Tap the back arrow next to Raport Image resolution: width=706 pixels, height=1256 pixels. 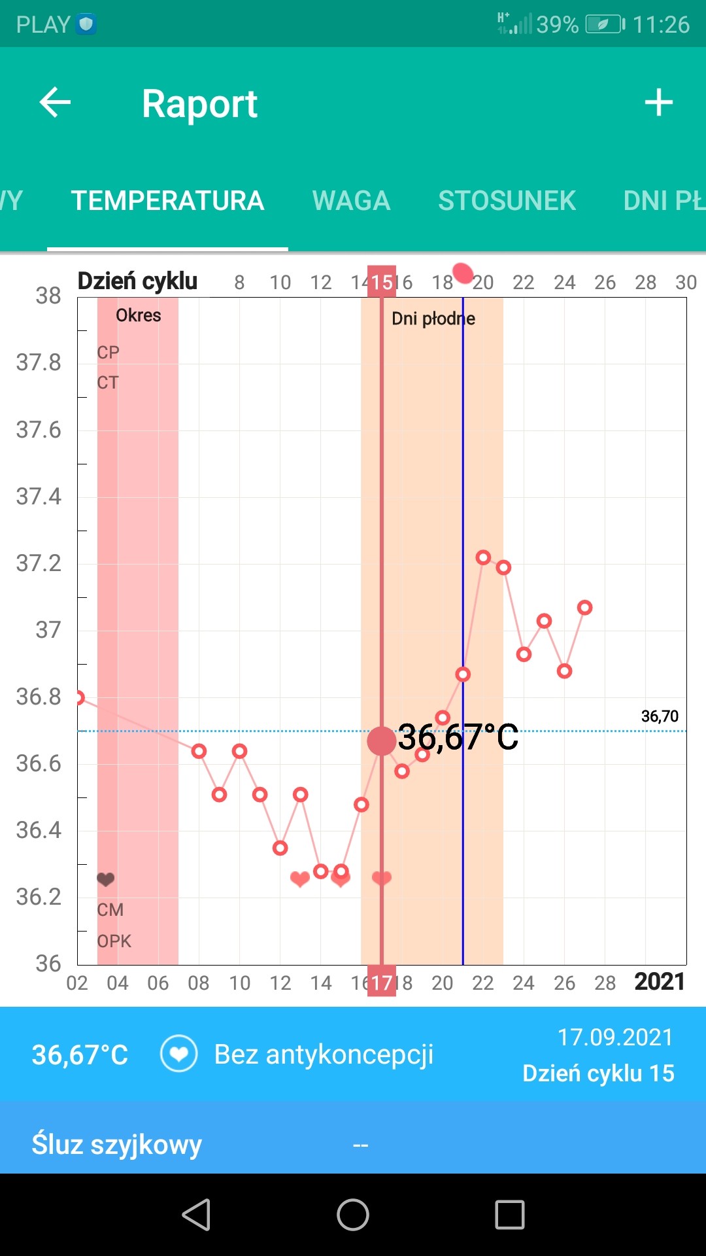(x=55, y=103)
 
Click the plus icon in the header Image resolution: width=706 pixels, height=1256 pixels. (x=658, y=103)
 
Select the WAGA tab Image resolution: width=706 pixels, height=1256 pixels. (x=351, y=201)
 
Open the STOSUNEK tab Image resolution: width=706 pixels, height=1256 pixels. (x=507, y=201)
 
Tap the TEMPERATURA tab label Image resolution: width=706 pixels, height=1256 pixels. (x=167, y=201)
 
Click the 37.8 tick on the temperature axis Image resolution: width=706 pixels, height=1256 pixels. (x=39, y=362)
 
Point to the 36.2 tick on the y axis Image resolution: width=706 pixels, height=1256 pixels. (x=39, y=897)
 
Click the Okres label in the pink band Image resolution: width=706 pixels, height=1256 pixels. (x=139, y=315)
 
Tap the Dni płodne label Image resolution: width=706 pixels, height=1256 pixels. (x=433, y=319)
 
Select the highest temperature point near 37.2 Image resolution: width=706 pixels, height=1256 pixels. (x=483, y=557)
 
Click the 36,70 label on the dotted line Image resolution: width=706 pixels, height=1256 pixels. (x=660, y=716)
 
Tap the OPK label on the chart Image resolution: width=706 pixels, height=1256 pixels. (x=114, y=941)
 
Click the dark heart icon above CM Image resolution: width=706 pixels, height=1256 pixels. (x=106, y=879)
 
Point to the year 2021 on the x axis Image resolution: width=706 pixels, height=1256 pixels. (x=659, y=982)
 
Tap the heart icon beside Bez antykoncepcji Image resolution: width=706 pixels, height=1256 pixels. (x=179, y=1054)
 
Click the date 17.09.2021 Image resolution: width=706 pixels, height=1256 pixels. (x=615, y=1038)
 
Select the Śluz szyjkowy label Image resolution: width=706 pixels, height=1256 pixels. (x=117, y=1145)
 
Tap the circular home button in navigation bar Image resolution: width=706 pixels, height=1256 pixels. (x=353, y=1215)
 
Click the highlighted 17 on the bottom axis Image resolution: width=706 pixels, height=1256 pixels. (x=382, y=982)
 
